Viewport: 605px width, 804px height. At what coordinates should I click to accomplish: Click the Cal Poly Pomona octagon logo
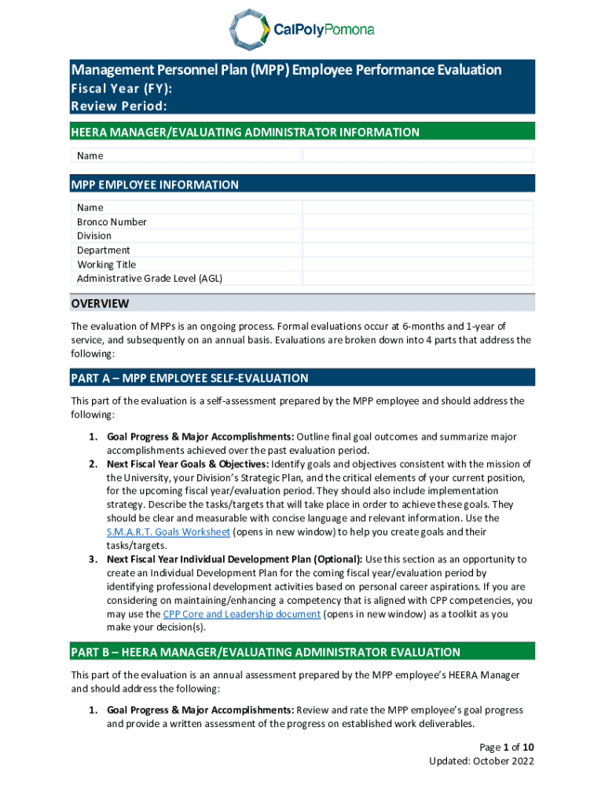pyautogui.click(x=247, y=30)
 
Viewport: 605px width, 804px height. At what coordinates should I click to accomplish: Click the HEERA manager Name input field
pyautogui.click(x=418, y=155)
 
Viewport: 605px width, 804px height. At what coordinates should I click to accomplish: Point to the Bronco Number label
pyautogui.click(x=112, y=221)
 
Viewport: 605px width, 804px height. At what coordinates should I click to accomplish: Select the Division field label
pyautogui.click(x=94, y=236)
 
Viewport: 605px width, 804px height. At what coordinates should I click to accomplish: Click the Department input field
pyautogui.click(x=418, y=250)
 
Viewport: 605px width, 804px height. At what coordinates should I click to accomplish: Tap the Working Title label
pyautogui.click(x=106, y=265)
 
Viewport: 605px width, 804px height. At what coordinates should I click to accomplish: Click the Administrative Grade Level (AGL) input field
pyautogui.click(x=418, y=279)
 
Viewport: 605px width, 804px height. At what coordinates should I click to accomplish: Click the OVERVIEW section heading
pyautogui.click(x=100, y=304)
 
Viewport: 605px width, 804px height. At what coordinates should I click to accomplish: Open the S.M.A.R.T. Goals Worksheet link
pyautogui.click(x=168, y=532)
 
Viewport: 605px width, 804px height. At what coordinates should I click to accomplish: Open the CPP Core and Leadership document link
pyautogui.click(x=241, y=614)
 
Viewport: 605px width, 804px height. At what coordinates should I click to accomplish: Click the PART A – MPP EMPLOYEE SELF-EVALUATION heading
pyautogui.click(x=189, y=378)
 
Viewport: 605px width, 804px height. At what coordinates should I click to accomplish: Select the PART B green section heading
pyautogui.click(x=266, y=652)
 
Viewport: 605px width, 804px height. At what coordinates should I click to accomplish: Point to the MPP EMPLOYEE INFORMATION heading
pyautogui.click(x=155, y=185)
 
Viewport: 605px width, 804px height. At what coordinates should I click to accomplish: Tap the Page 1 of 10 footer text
pyautogui.click(x=507, y=747)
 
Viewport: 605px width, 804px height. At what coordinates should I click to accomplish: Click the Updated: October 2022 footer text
pyautogui.click(x=482, y=761)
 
